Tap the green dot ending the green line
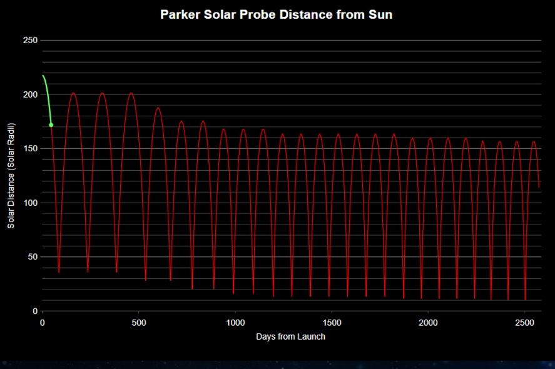[x=51, y=125]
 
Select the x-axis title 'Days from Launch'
[x=290, y=336]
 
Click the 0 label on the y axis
[x=35, y=311]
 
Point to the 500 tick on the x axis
[x=139, y=322]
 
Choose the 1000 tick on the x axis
[x=235, y=322]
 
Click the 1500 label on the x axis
[x=332, y=322]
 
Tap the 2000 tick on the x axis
[x=428, y=322]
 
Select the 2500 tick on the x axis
[x=524, y=322]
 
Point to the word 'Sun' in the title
[x=380, y=14]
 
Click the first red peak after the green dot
[x=73, y=93]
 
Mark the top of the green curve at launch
[x=43, y=76]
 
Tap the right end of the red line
[x=539, y=186]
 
